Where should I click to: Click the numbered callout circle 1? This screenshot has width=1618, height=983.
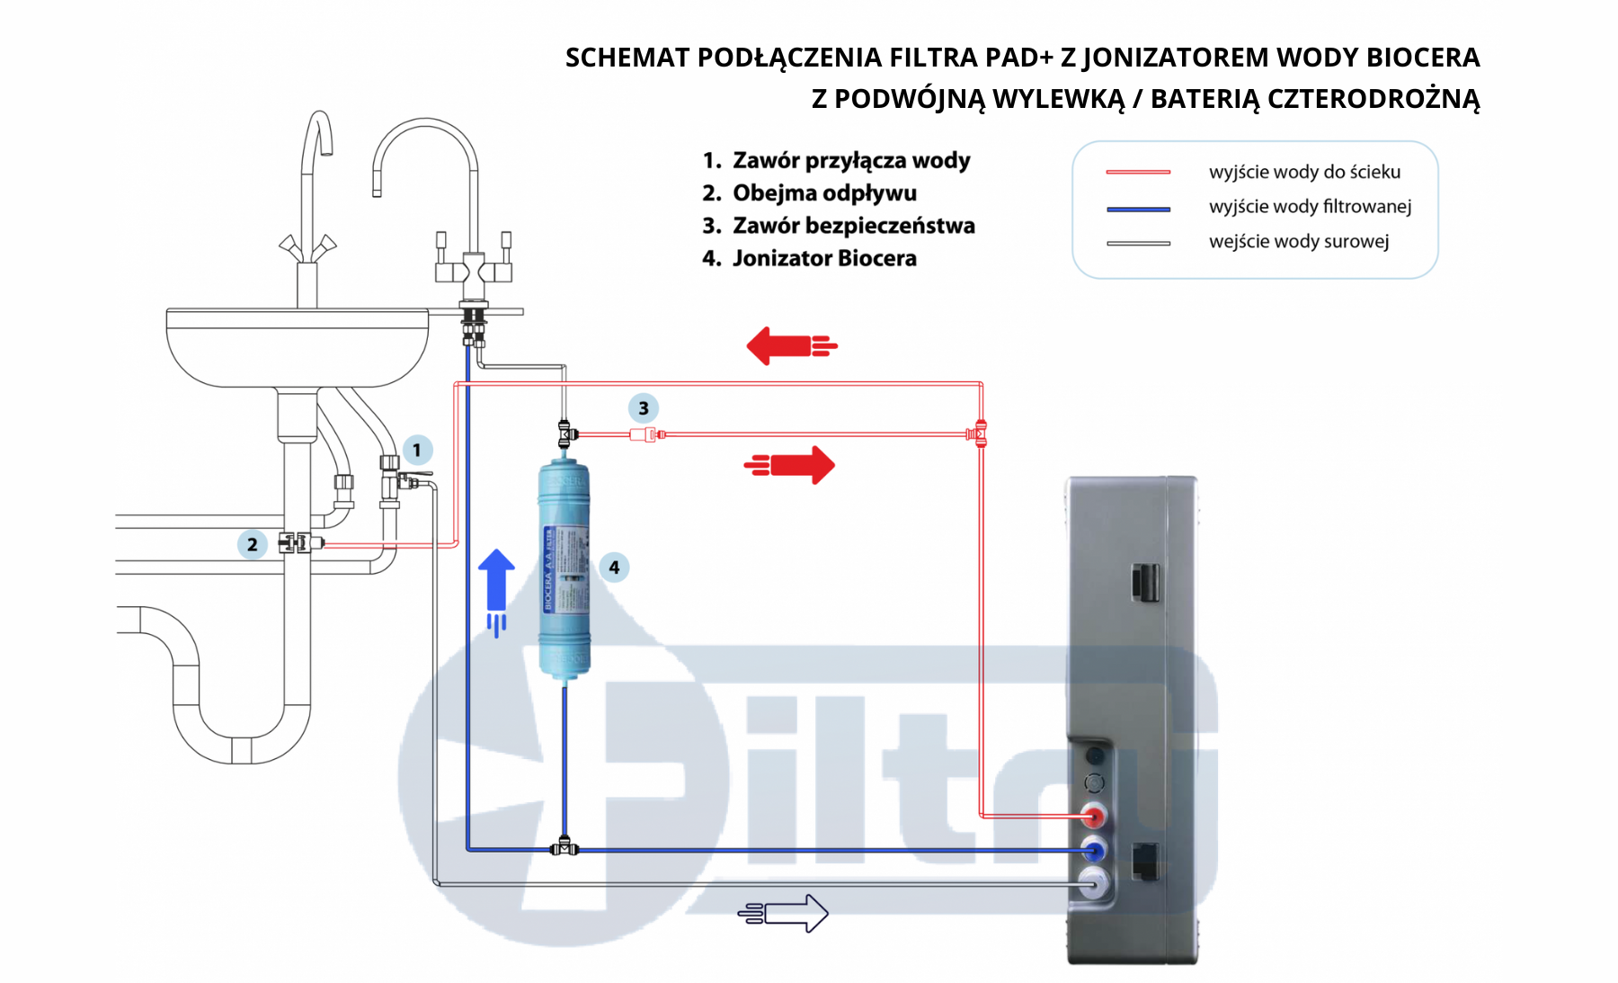tap(416, 450)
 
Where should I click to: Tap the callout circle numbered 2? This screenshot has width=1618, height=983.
tap(253, 544)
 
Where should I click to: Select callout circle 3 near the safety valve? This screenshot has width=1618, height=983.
tap(643, 408)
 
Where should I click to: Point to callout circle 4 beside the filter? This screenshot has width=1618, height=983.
tap(614, 567)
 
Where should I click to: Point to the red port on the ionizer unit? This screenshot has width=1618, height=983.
tap(1093, 817)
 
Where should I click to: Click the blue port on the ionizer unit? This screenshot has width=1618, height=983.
tap(1093, 850)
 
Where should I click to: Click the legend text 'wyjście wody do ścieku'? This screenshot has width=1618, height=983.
tap(1304, 172)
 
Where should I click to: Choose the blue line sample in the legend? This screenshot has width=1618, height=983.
tap(1138, 209)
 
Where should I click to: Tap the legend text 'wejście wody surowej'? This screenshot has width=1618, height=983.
tap(1299, 241)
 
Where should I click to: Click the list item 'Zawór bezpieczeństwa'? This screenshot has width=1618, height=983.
tap(853, 226)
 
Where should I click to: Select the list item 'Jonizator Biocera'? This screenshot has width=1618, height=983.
tap(824, 258)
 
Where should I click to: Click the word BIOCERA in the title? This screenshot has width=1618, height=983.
tap(1422, 58)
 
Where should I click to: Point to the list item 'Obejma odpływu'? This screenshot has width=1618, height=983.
tap(824, 193)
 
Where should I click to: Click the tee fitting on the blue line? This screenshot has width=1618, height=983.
tap(564, 847)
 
